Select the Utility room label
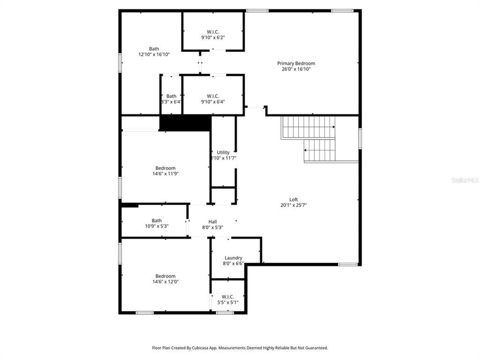(223, 152)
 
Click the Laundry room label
(233, 258)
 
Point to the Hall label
(212, 221)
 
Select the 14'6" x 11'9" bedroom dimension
(165, 174)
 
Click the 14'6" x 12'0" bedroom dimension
(165, 282)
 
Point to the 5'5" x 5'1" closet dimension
(227, 302)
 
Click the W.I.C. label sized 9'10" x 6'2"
(213, 31)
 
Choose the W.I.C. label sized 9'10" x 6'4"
(213, 96)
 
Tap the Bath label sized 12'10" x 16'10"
(154, 48)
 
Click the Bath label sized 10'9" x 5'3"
(157, 220)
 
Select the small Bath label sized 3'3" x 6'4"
(171, 96)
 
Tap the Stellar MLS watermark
(464, 179)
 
